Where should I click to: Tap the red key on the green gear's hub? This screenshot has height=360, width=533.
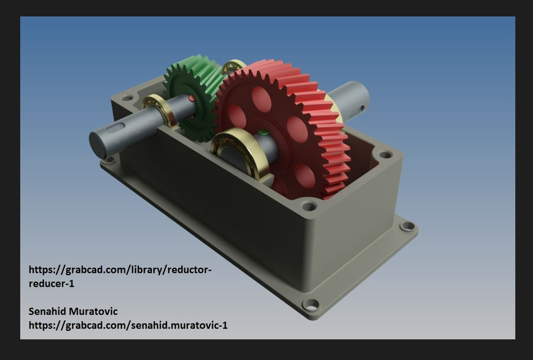pos(192,98)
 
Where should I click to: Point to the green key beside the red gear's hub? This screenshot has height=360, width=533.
pos(261,133)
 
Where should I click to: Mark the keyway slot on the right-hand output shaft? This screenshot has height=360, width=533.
pos(360,107)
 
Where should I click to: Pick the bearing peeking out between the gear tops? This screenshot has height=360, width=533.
pos(233,66)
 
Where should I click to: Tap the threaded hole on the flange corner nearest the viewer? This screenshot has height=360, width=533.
pos(310,305)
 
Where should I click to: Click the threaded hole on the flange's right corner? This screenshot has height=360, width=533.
pos(408,226)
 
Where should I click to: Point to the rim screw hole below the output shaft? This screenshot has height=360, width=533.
pos(385,154)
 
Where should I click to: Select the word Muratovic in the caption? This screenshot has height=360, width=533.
pos(96,311)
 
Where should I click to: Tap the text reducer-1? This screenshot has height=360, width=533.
pos(51,283)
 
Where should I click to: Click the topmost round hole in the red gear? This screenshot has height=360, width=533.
pos(261,99)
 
